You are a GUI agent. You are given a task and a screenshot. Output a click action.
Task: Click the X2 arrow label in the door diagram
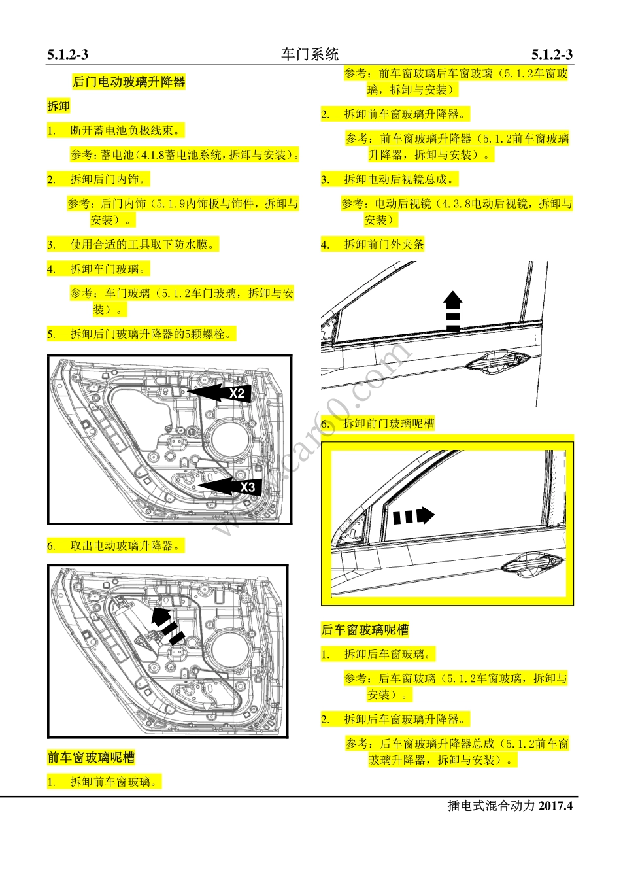tap(237, 393)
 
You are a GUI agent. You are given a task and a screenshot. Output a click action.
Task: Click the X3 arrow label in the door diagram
tap(247, 487)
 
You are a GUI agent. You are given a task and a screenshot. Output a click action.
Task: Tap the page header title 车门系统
tap(310, 54)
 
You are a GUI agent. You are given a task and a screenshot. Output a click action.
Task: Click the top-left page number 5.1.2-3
tap(68, 55)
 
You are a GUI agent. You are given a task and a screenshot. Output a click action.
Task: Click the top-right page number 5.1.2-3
tap(552, 55)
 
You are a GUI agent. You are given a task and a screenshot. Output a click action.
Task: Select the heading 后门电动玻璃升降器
tap(129, 82)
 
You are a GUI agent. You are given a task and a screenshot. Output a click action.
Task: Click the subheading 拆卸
tap(58, 106)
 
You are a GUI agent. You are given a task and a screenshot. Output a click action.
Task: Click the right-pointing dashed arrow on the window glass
tap(413, 516)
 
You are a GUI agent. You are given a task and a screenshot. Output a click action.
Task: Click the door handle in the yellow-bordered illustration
tap(531, 564)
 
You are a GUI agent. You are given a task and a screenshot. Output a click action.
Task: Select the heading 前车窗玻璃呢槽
tap(91, 757)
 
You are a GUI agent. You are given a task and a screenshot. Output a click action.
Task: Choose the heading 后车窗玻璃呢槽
tap(365, 630)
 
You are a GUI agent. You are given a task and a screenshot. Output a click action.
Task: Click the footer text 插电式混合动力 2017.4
tap(509, 806)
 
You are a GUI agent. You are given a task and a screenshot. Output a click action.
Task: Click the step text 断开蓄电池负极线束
tap(126, 130)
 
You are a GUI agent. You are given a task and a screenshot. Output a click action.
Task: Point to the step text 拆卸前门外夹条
tap(384, 245)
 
